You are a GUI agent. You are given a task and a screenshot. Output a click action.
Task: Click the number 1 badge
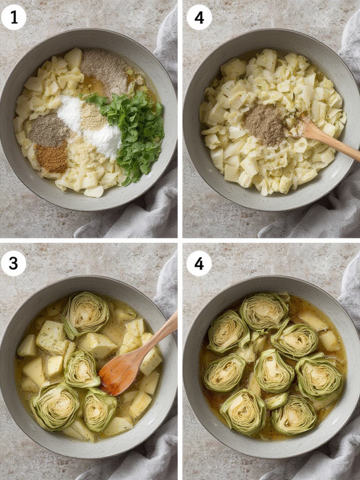[x=14, y=17]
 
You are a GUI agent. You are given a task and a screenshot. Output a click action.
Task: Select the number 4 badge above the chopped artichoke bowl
[x=199, y=17]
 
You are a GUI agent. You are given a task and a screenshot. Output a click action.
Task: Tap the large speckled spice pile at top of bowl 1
[x=100, y=68]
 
